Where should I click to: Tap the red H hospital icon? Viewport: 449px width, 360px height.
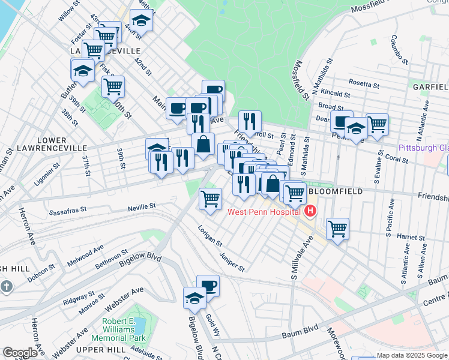pos(310,211)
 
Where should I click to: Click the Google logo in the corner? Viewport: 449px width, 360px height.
pos(20,353)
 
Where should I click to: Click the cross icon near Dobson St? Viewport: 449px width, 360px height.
pos(7,286)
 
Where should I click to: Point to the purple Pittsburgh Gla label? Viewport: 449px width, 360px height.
pos(424,148)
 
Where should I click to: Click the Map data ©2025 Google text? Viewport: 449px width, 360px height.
pos(412,355)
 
